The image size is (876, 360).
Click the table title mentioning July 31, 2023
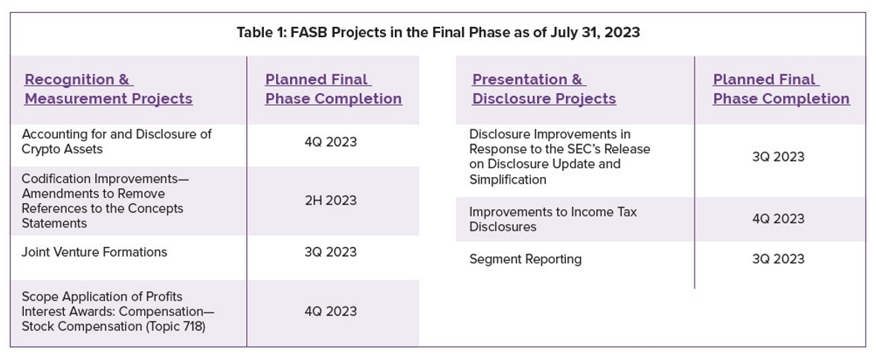pos(438,33)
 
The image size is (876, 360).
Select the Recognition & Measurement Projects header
pos(109,89)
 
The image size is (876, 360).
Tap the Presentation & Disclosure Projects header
pos(544,89)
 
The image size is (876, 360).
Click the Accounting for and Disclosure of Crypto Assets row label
pos(117,141)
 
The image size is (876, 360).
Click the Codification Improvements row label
pos(102,201)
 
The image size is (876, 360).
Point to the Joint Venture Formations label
pos(94,251)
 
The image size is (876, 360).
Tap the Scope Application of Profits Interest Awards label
pos(118,312)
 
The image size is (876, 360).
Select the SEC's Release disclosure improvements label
pos(560,157)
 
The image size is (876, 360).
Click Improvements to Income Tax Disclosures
pos(553,219)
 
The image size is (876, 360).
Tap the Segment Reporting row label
pos(525,260)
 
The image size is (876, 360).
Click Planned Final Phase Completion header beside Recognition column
pos(334,89)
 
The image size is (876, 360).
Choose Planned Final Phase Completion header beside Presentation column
pos(782,89)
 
